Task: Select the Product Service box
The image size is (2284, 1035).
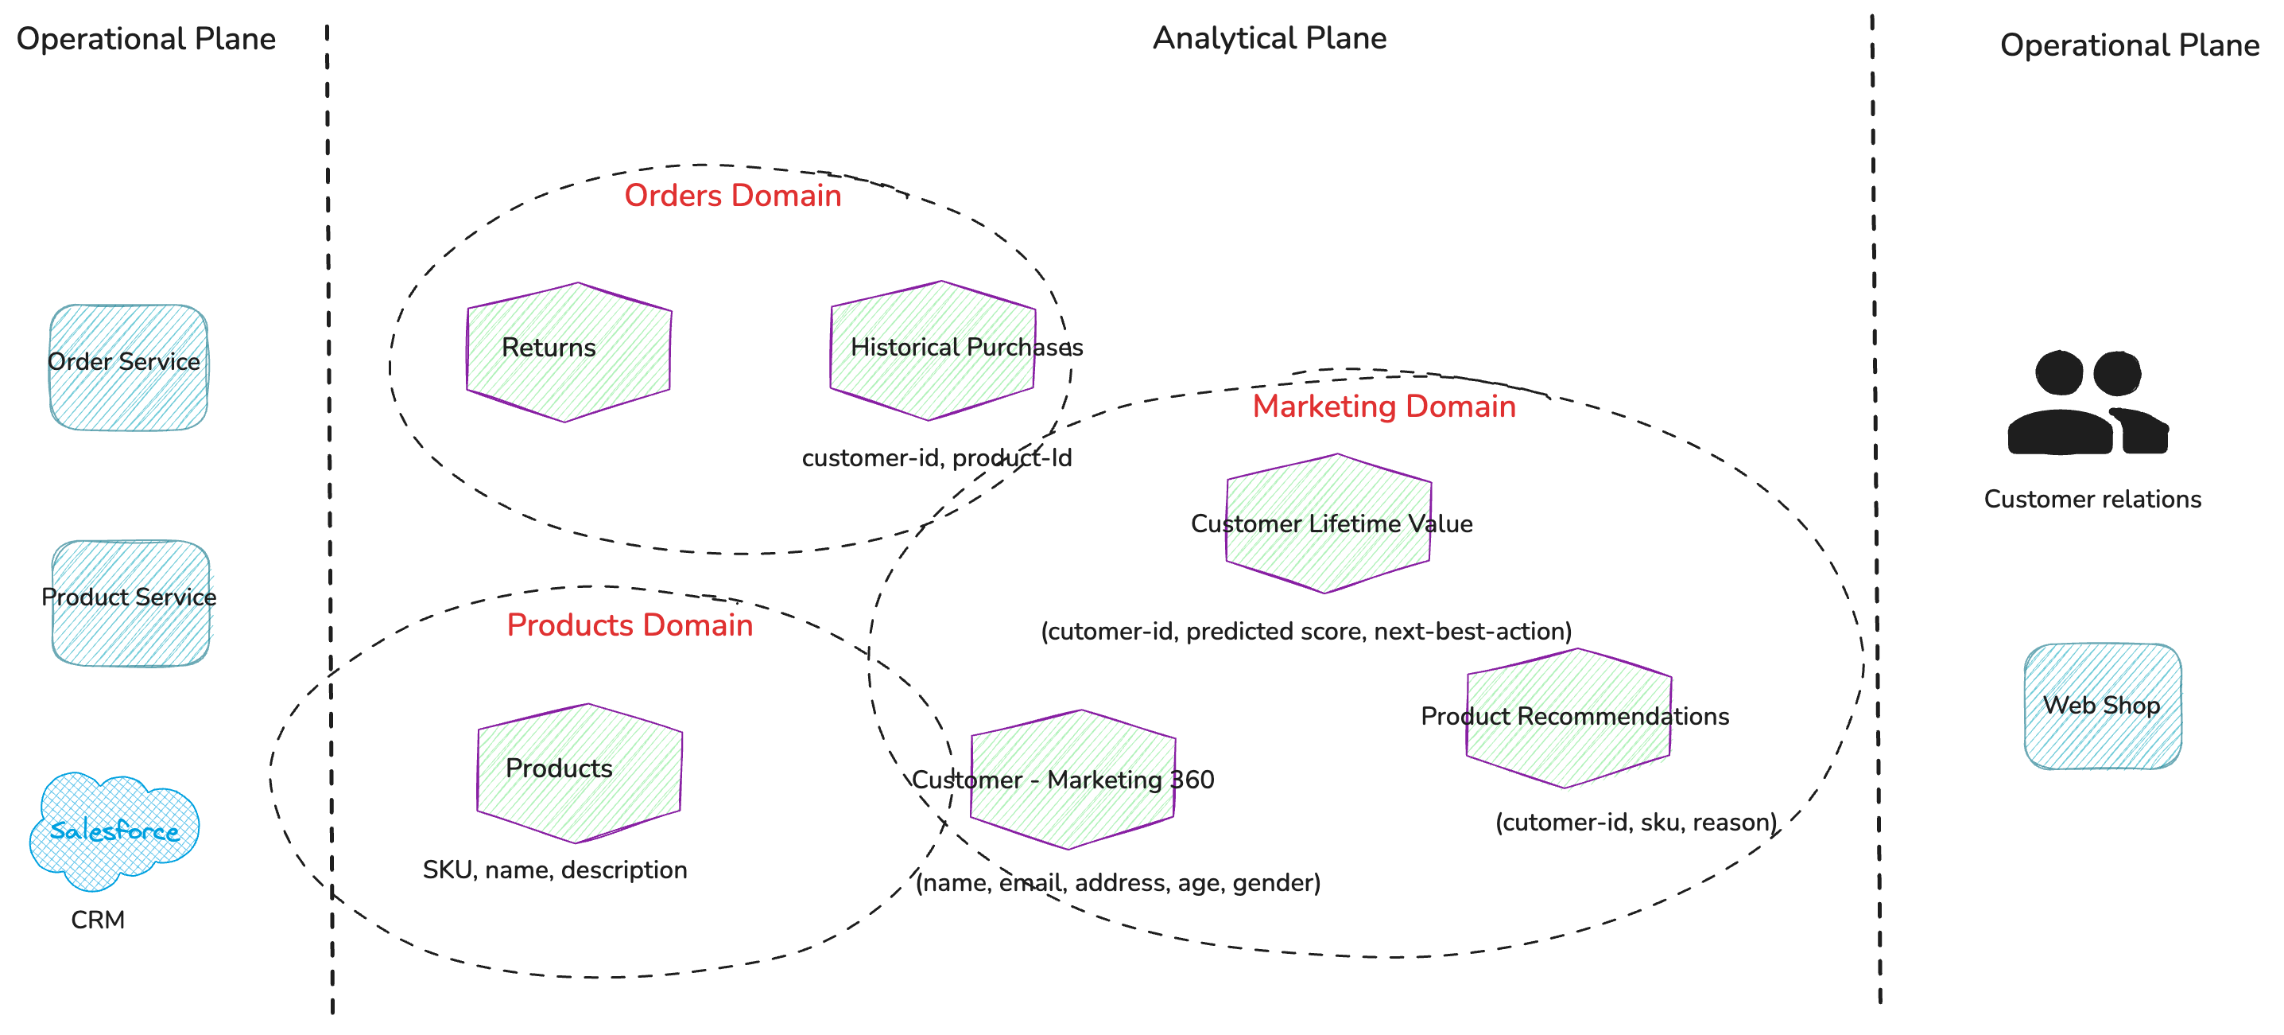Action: [x=130, y=602]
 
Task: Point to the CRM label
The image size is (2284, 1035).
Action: [x=98, y=920]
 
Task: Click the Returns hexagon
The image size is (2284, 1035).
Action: [x=568, y=351]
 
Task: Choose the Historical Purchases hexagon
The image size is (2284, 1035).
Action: [x=932, y=349]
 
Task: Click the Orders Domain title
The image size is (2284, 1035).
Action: [x=732, y=195]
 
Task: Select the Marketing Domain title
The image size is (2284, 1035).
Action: [x=1383, y=407]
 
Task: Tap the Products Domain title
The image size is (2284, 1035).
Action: [x=630, y=625]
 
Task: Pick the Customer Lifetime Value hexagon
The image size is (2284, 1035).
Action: [x=1328, y=523]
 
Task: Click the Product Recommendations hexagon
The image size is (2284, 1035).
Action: [x=1569, y=718]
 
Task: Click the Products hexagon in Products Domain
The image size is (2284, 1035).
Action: [x=579, y=772]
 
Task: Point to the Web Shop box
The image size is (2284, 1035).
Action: [x=2102, y=706]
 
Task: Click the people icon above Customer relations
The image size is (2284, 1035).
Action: [x=2087, y=403]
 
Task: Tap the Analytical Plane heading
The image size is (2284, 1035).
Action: [x=1269, y=38]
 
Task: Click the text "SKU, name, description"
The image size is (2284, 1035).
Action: [x=555, y=870]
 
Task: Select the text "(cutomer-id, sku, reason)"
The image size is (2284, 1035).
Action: [x=1636, y=822]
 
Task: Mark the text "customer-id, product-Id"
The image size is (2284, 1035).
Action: [x=936, y=457]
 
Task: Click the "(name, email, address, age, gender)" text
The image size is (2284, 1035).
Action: [x=1117, y=882]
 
